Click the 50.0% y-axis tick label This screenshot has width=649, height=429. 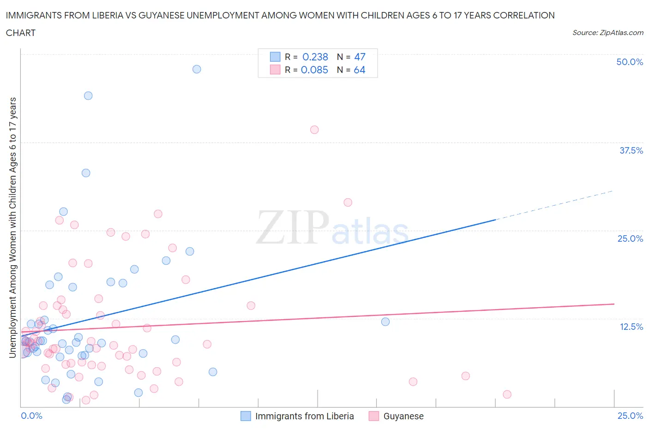[x=630, y=62]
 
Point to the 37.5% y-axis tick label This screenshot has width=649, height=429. [x=631, y=150]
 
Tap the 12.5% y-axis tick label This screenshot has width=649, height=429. [x=631, y=327]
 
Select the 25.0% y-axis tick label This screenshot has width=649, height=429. [x=630, y=238]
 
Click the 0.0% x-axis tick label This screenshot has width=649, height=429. [x=31, y=416]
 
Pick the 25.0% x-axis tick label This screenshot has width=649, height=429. [x=630, y=416]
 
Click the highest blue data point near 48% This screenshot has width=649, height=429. [x=197, y=69]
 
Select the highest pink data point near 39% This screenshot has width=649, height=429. [x=314, y=130]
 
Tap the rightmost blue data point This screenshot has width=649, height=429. [x=385, y=322]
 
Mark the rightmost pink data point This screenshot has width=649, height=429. [x=507, y=394]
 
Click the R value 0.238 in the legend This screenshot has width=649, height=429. [x=315, y=57]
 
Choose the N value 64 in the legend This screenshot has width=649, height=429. [x=359, y=70]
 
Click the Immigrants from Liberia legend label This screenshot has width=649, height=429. [x=304, y=416]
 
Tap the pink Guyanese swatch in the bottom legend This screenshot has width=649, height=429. [x=373, y=416]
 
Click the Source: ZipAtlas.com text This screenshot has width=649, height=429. [x=607, y=32]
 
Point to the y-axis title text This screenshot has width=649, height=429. [x=12, y=227]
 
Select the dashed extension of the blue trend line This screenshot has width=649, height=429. [x=554, y=205]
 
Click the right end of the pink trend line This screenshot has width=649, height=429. [x=613, y=304]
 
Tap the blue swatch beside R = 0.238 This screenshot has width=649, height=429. [x=275, y=57]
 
